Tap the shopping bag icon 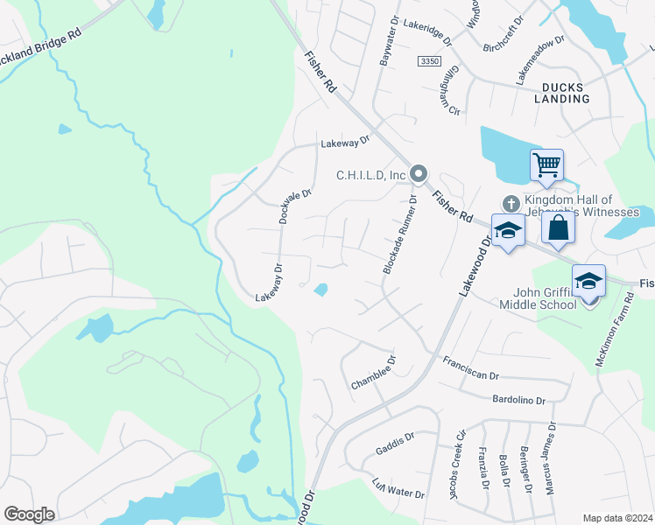pos(557,228)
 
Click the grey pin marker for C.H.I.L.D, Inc pos(419,175)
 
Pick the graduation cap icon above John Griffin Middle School pos(588,282)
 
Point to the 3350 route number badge pos(429,60)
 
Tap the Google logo pos(29,514)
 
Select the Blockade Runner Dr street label pos(398,234)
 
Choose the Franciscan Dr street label pos(470,368)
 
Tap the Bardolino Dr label pos(516,400)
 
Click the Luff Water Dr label pos(398,488)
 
